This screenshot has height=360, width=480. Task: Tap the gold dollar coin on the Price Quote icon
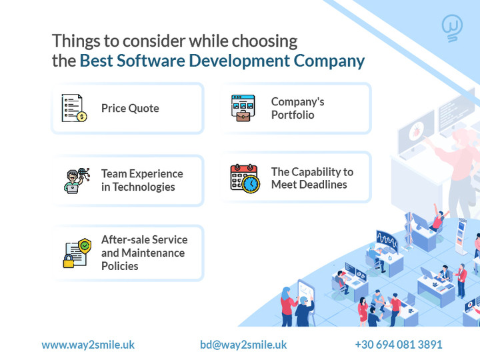(x=82, y=116)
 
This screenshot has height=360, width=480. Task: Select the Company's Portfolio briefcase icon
(x=243, y=108)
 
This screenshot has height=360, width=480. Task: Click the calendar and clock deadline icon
(x=245, y=179)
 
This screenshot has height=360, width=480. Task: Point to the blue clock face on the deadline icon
(x=251, y=184)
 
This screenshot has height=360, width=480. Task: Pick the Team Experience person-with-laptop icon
(x=77, y=180)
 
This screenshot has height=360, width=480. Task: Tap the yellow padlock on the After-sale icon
(x=68, y=261)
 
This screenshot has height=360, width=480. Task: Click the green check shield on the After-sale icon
(x=85, y=246)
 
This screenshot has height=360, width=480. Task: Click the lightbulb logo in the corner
(x=452, y=28)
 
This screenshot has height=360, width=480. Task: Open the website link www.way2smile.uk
(x=88, y=345)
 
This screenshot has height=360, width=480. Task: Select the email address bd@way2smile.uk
(x=243, y=345)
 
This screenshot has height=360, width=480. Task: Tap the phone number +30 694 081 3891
(x=399, y=345)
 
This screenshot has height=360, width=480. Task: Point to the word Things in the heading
(x=76, y=41)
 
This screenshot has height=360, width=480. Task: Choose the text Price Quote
(x=130, y=109)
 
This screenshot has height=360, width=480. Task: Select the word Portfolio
(x=293, y=115)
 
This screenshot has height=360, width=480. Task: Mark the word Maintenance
(x=153, y=253)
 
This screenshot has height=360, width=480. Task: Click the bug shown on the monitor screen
(x=416, y=131)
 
